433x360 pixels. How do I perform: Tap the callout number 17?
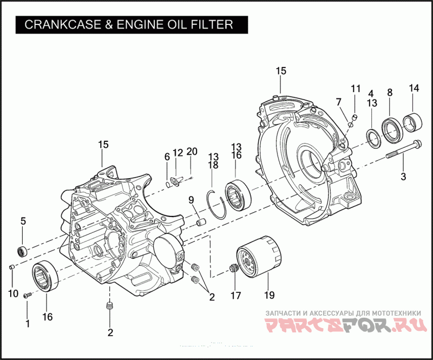point(235,296)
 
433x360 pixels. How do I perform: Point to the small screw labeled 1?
point(27,295)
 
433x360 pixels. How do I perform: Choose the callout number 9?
point(191,200)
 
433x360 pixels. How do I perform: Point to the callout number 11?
point(355,88)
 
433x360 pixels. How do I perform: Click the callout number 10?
point(13,293)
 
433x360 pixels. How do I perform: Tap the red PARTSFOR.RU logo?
point(346,325)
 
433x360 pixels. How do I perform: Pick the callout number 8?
point(389,92)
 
